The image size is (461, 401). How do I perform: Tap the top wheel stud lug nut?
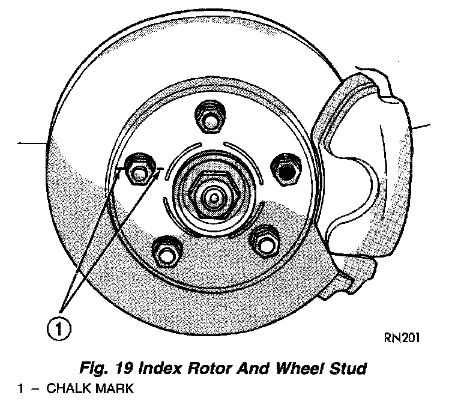[210, 118]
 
